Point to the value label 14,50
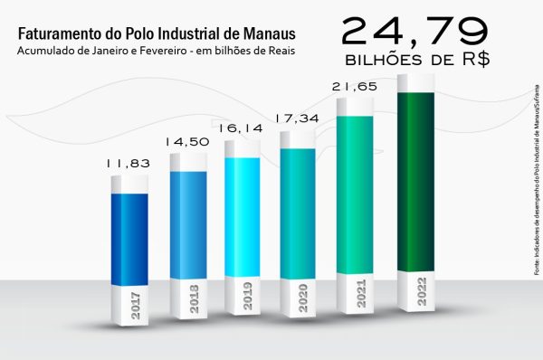coord(186,142)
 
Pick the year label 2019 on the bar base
coord(247,298)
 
